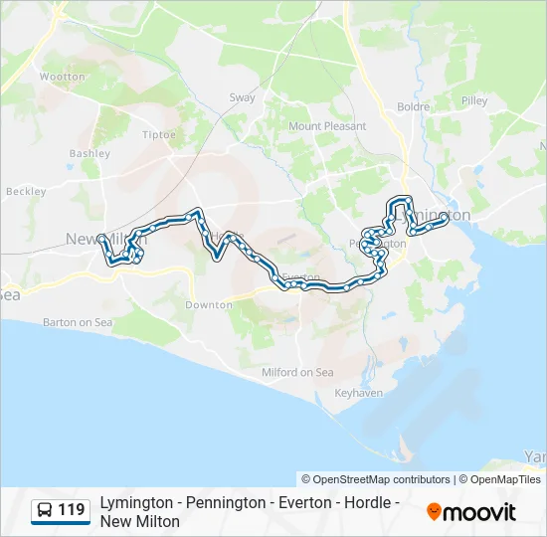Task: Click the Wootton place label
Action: [x=63, y=76]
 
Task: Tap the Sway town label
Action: [x=242, y=97]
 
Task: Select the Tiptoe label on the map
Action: [x=159, y=134]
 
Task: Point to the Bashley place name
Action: [x=90, y=154]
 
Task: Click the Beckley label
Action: [x=26, y=191]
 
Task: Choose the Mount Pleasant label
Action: [x=327, y=126]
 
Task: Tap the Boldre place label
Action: [x=413, y=106]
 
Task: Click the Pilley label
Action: [x=474, y=100]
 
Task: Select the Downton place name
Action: [x=209, y=305]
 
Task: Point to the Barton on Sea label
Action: [x=78, y=322]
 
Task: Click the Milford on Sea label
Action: [x=298, y=372]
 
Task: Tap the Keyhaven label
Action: [x=359, y=393]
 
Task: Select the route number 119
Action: [x=72, y=511]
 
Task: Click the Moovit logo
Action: [x=471, y=512]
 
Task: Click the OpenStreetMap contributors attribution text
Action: [x=376, y=479]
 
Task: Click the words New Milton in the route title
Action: [x=139, y=521]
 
